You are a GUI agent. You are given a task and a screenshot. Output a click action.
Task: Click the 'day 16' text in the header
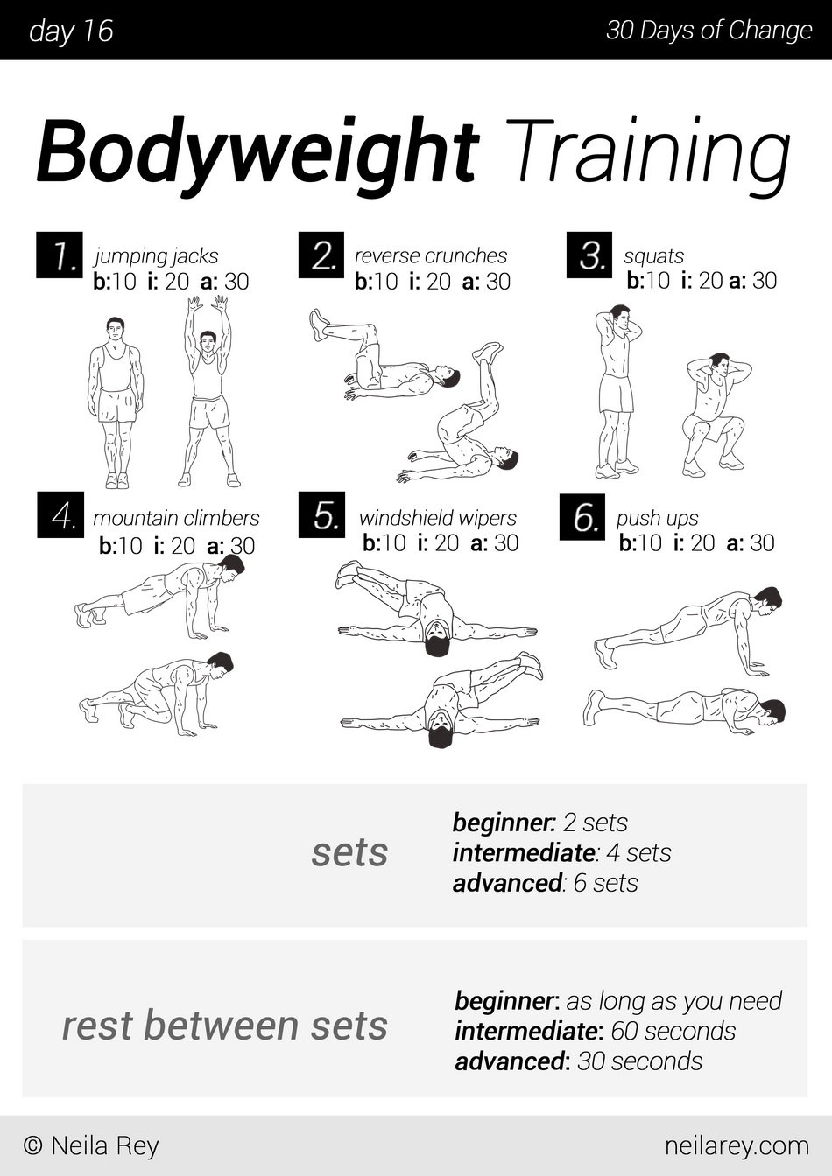(71, 31)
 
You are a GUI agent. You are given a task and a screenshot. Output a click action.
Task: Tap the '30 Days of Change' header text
(709, 31)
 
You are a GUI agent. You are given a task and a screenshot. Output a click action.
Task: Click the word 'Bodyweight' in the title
(257, 151)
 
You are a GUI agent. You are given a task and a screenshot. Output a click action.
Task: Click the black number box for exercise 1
(60, 255)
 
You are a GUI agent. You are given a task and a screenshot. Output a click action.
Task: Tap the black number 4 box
(60, 514)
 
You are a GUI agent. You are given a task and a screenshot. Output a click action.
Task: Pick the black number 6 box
(582, 516)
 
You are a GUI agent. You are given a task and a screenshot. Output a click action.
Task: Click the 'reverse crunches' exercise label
(431, 255)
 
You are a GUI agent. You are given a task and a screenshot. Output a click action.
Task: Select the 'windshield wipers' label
(438, 518)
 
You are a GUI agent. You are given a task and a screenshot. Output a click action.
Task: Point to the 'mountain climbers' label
(176, 518)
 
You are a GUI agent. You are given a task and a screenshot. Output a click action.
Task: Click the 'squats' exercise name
(654, 256)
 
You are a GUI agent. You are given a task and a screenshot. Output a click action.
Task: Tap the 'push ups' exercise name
(657, 518)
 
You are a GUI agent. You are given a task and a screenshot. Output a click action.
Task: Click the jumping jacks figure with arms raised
(209, 392)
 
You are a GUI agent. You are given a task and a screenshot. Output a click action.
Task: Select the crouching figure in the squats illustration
(716, 414)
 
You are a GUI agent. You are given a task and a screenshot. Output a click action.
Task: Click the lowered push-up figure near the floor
(684, 710)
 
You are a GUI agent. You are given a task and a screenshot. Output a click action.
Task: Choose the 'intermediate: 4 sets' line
(562, 853)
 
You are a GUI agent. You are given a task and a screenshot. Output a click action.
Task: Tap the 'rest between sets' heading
(225, 1025)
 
